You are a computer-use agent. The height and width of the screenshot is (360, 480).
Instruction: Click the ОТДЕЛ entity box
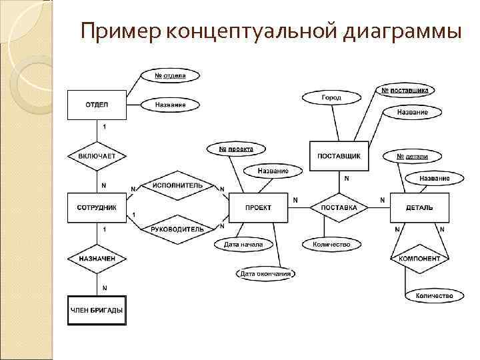(x=97, y=105)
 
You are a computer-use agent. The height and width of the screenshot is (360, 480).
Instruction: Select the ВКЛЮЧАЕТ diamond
(x=97, y=156)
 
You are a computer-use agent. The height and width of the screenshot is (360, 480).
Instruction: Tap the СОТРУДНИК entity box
(x=97, y=207)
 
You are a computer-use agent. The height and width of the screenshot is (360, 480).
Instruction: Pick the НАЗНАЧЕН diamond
(x=97, y=258)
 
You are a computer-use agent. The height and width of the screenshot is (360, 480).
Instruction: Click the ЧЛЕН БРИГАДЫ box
(x=97, y=309)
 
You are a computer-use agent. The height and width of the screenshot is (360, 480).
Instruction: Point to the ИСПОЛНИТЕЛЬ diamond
(x=177, y=185)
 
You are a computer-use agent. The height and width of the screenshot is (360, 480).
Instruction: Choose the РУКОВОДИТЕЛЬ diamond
(x=177, y=229)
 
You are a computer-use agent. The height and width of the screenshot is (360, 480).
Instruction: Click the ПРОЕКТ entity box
(x=259, y=207)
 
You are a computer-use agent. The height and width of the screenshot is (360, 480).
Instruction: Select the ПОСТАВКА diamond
(x=339, y=207)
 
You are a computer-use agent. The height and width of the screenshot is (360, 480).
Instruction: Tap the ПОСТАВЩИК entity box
(x=339, y=156)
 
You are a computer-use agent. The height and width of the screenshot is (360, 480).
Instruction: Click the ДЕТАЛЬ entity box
(x=419, y=207)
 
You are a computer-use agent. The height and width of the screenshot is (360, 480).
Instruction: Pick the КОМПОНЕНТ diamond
(x=419, y=258)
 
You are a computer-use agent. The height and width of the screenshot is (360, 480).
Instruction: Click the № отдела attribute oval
(x=170, y=76)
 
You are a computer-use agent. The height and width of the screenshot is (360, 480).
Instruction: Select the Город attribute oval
(x=331, y=97)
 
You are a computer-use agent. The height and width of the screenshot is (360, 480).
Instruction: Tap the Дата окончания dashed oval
(x=266, y=273)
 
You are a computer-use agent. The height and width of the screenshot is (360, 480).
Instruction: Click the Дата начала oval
(x=243, y=245)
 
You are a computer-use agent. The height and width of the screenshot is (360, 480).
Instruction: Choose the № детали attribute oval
(x=412, y=157)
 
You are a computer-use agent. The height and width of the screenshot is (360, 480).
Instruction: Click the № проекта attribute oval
(x=236, y=149)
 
